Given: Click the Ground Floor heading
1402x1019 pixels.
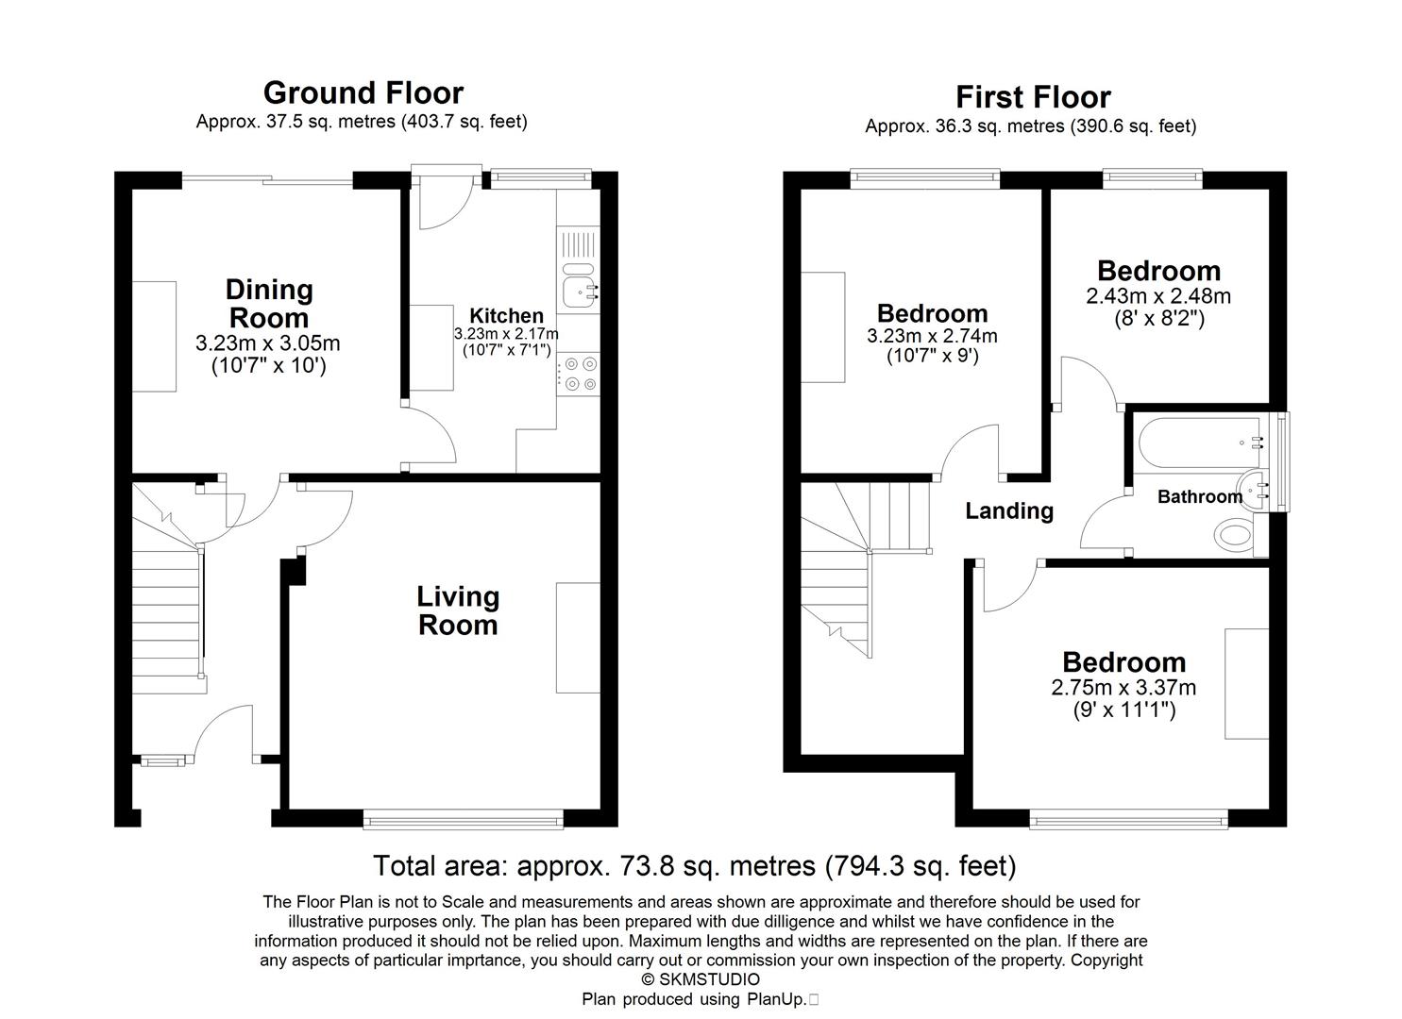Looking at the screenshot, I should [x=363, y=92].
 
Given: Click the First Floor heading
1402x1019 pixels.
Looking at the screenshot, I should [x=1033, y=97].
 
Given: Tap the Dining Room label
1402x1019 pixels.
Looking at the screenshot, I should [x=269, y=303].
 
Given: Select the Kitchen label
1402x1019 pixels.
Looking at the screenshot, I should [x=507, y=316].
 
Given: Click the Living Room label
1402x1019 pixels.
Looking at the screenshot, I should [x=458, y=610].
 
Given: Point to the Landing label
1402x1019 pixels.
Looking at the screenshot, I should [x=1009, y=510].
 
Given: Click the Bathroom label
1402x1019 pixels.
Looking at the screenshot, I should [x=1199, y=496].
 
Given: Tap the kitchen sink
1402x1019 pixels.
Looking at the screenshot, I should [x=577, y=287].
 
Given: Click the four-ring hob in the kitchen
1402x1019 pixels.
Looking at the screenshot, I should [x=578, y=373].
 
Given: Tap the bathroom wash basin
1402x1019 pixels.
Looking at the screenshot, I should [x=1255, y=490].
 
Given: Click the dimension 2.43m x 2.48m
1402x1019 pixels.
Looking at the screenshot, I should [x=1158, y=296].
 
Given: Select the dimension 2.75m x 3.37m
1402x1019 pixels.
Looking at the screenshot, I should [x=1123, y=688].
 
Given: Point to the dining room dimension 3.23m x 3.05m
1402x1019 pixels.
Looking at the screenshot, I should [x=268, y=343].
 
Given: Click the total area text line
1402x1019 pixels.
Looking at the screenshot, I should [x=694, y=865].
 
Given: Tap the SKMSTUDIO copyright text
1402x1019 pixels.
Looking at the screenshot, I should [x=701, y=979].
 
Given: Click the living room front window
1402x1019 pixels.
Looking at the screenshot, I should [x=463, y=821].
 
